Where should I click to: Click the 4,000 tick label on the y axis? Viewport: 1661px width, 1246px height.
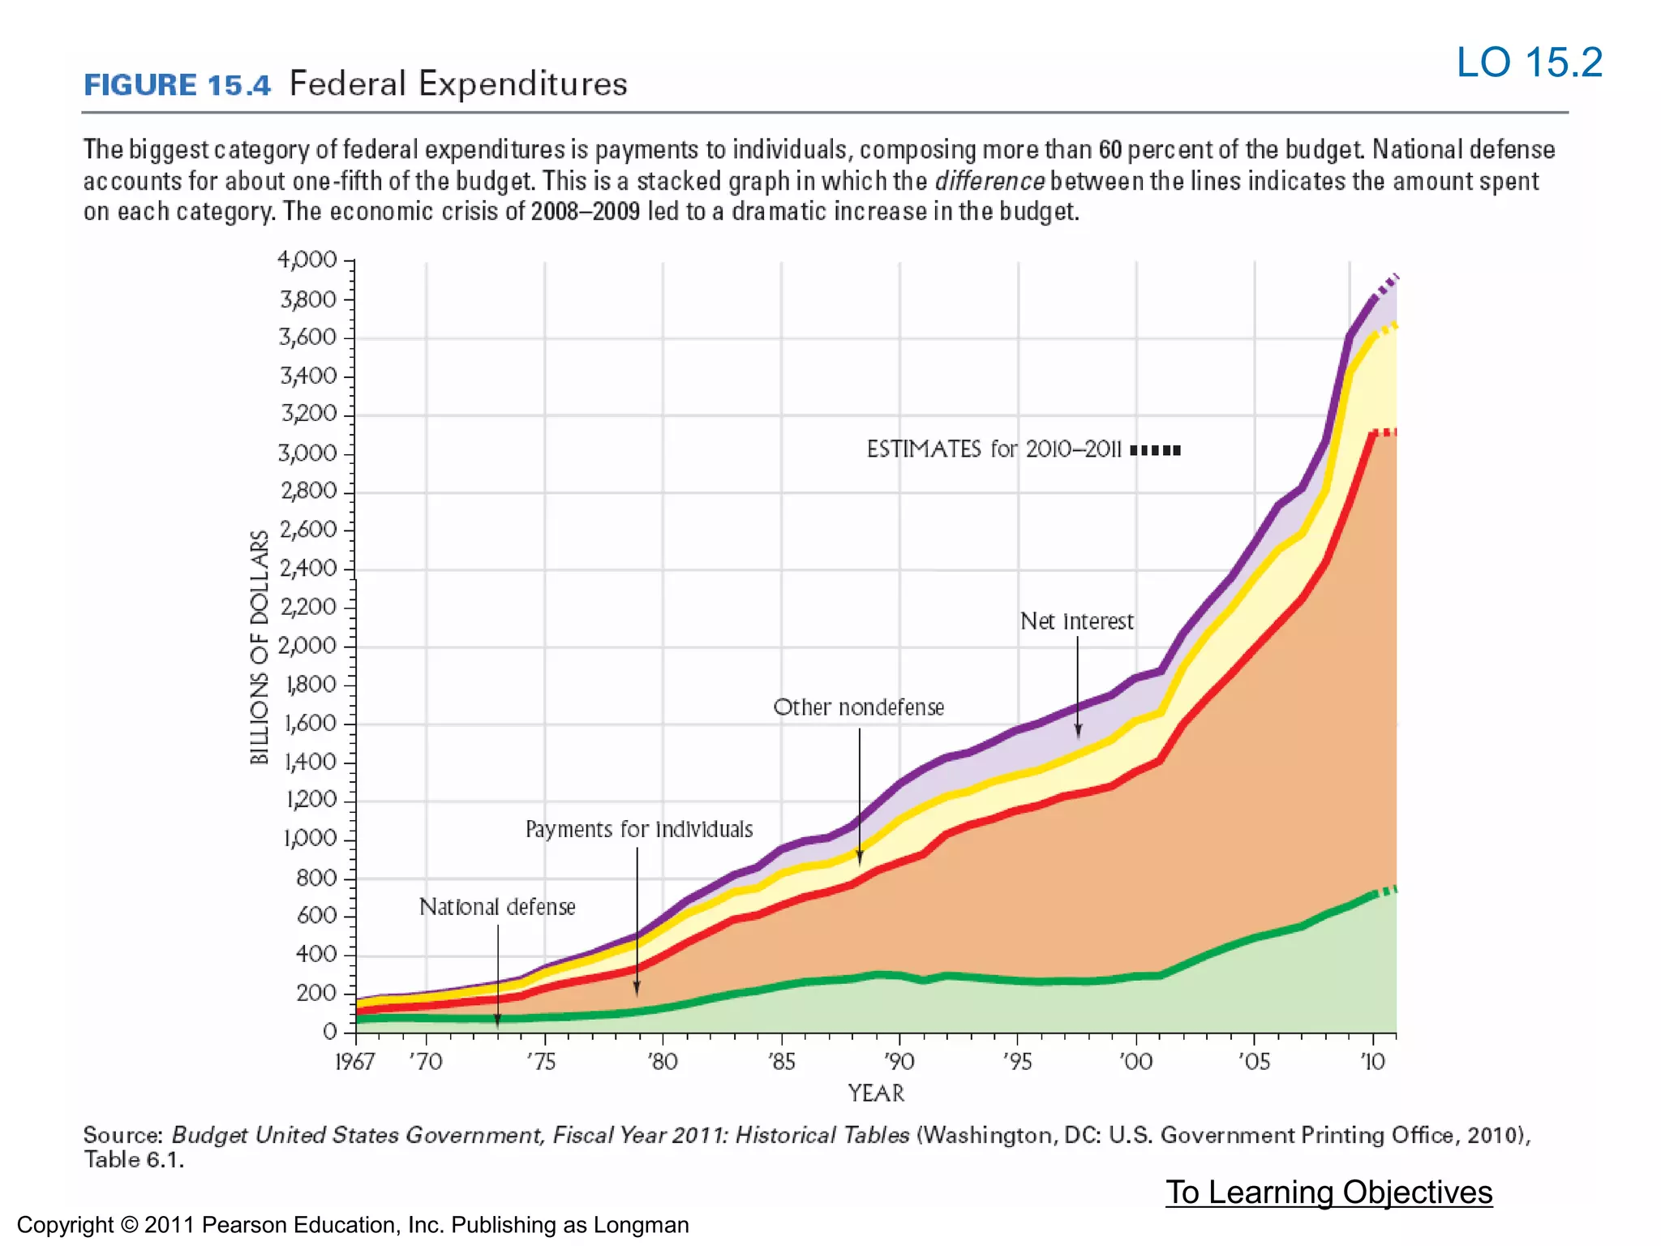pyautogui.click(x=307, y=260)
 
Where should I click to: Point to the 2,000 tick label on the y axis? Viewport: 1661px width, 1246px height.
pyautogui.click(x=307, y=647)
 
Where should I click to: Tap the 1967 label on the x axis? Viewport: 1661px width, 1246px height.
pyautogui.click(x=355, y=1062)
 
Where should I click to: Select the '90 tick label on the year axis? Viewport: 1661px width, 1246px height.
pyautogui.click(x=899, y=1062)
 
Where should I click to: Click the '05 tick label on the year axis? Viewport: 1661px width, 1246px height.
pyautogui.click(x=1254, y=1062)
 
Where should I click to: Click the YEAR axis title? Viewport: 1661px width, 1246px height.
pyautogui.click(x=876, y=1093)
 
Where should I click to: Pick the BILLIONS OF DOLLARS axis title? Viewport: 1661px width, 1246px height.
pyautogui.click(x=260, y=647)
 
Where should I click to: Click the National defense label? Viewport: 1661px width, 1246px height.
pyautogui.click(x=497, y=907)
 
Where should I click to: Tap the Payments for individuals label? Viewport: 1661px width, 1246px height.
pyautogui.click(x=639, y=830)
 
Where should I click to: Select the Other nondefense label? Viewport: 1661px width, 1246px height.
pyautogui.click(x=859, y=707)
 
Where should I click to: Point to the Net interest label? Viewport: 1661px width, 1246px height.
pyautogui.click(x=1076, y=621)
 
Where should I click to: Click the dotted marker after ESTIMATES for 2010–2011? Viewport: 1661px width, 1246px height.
pyautogui.click(x=1155, y=450)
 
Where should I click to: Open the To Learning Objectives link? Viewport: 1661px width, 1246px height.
pyautogui.click(x=1328, y=1192)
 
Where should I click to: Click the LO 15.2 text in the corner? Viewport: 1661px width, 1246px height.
pyautogui.click(x=1529, y=62)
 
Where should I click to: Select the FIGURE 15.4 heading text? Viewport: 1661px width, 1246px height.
pyautogui.click(x=177, y=85)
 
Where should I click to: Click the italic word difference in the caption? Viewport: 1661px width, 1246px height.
pyautogui.click(x=989, y=181)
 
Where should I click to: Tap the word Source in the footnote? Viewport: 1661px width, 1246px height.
pyautogui.click(x=122, y=1135)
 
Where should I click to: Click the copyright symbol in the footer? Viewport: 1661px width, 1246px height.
pyautogui.click(x=129, y=1225)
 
